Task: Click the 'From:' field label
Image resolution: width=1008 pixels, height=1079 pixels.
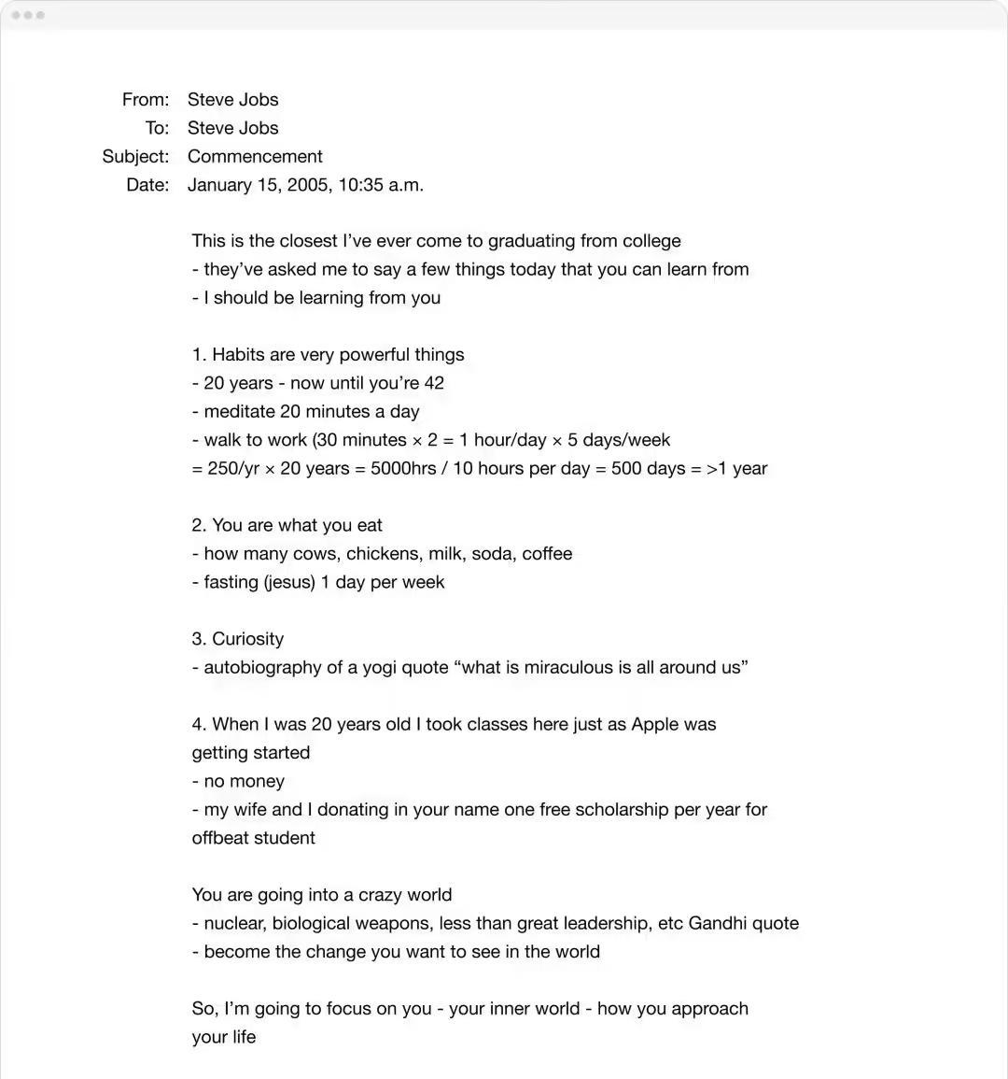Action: coord(146,100)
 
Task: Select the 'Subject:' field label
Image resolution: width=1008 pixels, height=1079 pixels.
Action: coord(135,157)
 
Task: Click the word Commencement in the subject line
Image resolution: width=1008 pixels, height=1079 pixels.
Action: coord(255,157)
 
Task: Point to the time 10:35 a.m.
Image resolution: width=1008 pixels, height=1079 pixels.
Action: coord(381,185)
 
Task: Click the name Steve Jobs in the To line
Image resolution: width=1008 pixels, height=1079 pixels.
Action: coord(232,128)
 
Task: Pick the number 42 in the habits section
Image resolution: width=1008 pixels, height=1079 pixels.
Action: coord(434,383)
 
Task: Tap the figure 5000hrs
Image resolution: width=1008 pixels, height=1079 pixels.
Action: coord(403,469)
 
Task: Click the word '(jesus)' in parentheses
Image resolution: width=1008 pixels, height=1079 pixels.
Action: coord(289,583)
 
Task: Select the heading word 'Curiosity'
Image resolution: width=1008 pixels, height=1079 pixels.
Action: coord(247,640)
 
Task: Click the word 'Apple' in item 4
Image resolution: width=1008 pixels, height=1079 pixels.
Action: coord(660,725)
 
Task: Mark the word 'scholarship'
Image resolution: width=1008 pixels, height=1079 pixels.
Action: coord(621,810)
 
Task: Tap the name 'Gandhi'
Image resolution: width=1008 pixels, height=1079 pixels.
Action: coord(717,924)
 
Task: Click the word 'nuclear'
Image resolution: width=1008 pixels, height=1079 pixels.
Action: coord(236,924)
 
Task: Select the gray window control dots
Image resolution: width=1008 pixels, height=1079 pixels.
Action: coord(28,15)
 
